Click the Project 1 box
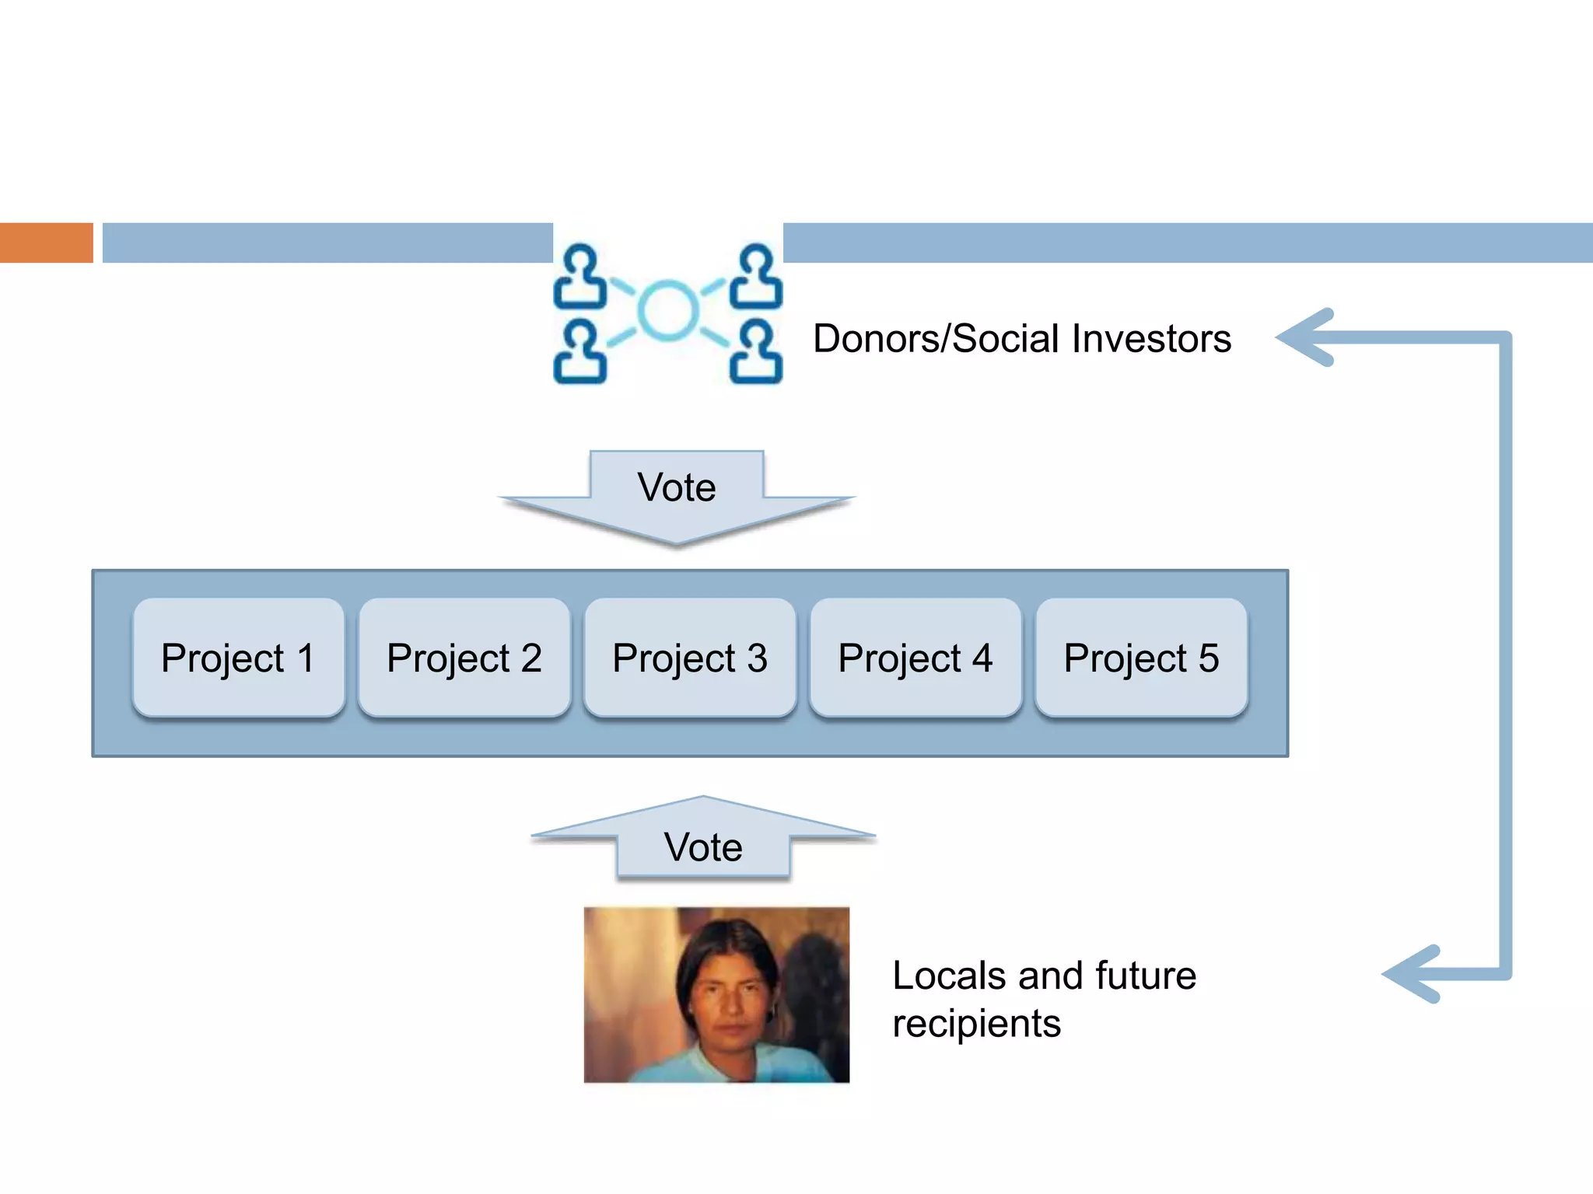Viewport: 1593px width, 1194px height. [x=238, y=658]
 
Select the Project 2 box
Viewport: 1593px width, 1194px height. [x=464, y=658]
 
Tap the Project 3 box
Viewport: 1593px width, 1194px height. [x=690, y=658]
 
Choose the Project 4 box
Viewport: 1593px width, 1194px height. [x=916, y=658]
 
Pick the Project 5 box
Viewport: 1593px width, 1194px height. [x=1141, y=658]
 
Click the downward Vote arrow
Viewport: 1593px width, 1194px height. [x=677, y=497]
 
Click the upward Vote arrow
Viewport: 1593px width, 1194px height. [x=703, y=840]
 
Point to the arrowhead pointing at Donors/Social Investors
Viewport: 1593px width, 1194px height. [x=1307, y=337]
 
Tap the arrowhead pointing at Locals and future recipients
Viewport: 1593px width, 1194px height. [x=1412, y=974]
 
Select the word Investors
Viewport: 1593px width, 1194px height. [x=1150, y=339]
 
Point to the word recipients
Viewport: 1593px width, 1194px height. [x=976, y=1024]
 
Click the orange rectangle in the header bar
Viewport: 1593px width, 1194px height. [x=46, y=243]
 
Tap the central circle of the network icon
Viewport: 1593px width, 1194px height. [x=667, y=311]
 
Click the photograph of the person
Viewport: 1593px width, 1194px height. [x=716, y=994]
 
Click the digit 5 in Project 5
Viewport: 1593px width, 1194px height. [x=1208, y=658]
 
